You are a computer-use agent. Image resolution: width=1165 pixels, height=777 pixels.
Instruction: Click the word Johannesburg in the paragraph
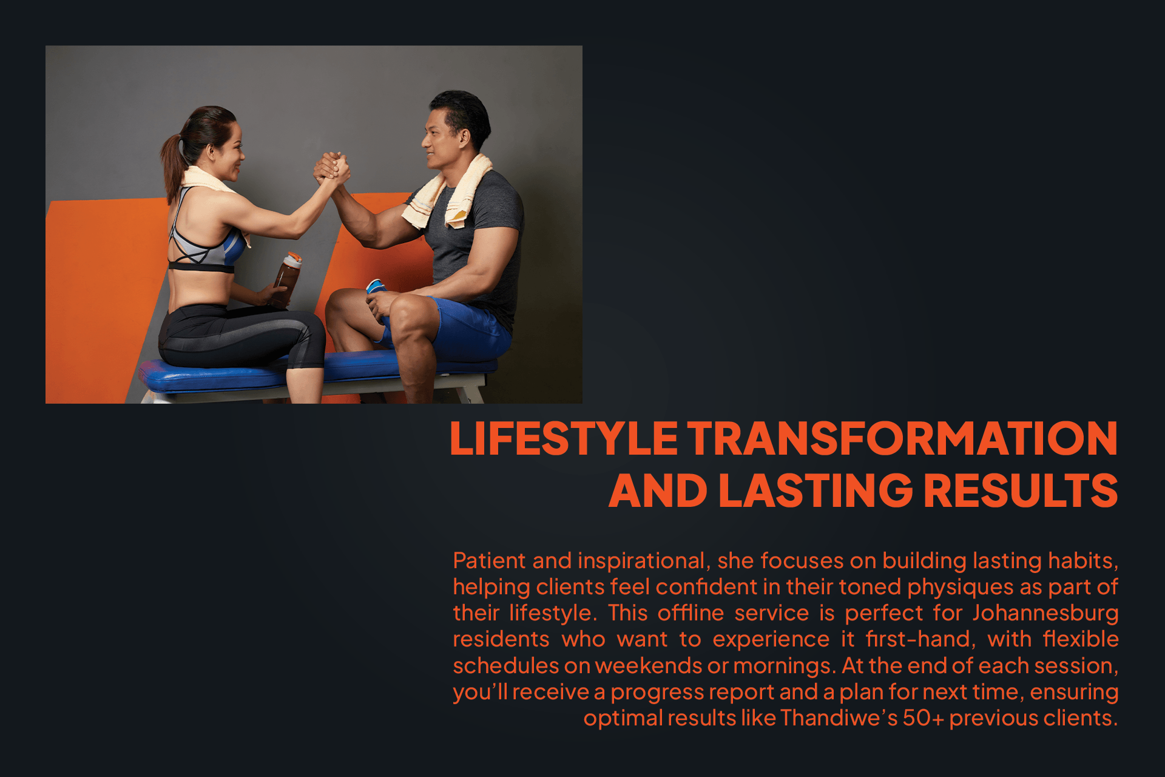coord(1045,613)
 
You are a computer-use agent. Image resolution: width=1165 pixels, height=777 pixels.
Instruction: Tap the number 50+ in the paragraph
coord(923,718)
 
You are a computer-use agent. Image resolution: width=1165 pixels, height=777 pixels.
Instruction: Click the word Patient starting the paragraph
coord(489,561)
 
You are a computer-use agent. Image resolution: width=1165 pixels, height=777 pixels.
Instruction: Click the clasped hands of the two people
coord(331,168)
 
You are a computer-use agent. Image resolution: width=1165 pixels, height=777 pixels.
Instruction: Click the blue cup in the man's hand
coord(376,286)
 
